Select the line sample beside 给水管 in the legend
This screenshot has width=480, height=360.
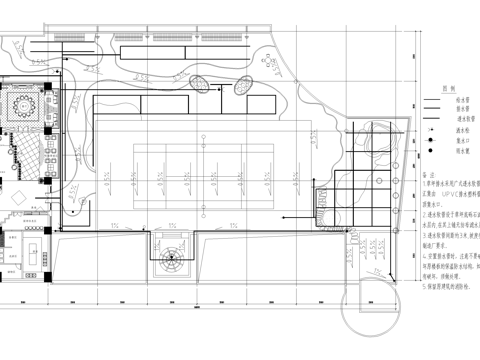430,100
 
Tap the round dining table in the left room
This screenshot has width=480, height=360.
23,104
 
